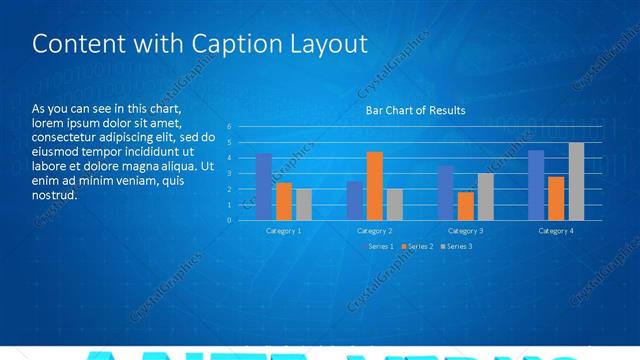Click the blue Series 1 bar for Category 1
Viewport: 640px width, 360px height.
pyautogui.click(x=264, y=187)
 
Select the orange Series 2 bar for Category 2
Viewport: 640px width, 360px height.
pyautogui.click(x=375, y=186)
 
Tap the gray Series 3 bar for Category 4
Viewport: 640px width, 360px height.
pyautogui.click(x=576, y=181)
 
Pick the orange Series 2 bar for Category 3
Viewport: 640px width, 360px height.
pyautogui.click(x=466, y=206)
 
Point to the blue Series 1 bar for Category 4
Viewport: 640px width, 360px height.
pyautogui.click(x=536, y=185)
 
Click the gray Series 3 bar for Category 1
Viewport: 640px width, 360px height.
pyautogui.click(x=304, y=204)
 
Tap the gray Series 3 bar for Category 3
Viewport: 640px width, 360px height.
pyautogui.click(x=486, y=196)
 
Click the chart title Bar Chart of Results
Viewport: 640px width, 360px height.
pyautogui.click(x=415, y=110)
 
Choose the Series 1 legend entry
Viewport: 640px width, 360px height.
pyautogui.click(x=378, y=246)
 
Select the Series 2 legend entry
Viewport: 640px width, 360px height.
pyautogui.click(x=417, y=246)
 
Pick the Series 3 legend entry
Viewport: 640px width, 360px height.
pyautogui.click(x=456, y=246)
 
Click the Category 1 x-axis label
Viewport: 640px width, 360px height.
pyautogui.click(x=284, y=231)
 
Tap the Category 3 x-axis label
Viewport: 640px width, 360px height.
pyautogui.click(x=466, y=231)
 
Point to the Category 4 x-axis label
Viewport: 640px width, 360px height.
pyautogui.click(x=556, y=231)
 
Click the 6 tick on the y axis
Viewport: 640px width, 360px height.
pyautogui.click(x=229, y=127)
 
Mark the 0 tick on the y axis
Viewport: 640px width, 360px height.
pyautogui.click(x=229, y=220)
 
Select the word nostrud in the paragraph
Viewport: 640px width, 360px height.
pyautogui.click(x=55, y=195)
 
